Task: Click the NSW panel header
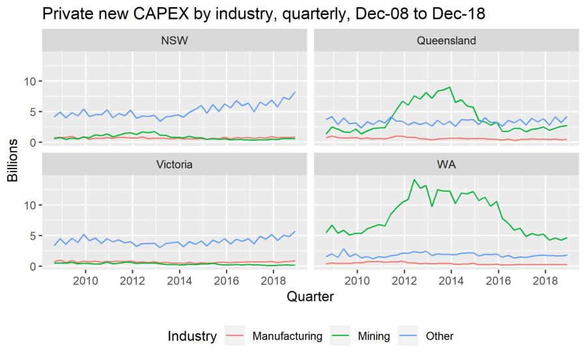coord(174,40)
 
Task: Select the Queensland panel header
coord(446,40)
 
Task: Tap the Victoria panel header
coord(174,165)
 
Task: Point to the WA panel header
coord(446,165)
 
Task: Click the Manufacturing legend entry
coord(286,336)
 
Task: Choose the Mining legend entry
coord(374,336)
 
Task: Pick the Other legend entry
coord(440,336)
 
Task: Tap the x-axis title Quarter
coord(311,297)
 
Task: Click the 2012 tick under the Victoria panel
coord(132,280)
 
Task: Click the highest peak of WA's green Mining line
coord(414,179)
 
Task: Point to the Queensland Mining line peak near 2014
coord(449,87)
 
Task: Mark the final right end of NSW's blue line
coord(295,92)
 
